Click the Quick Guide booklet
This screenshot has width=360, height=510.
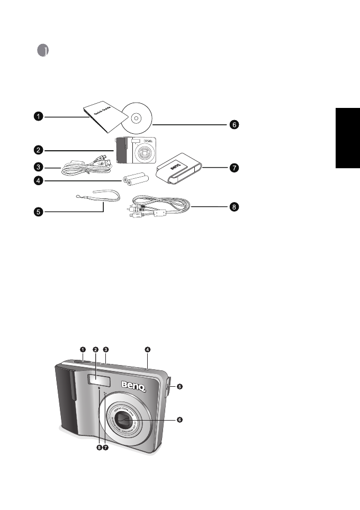(x=100, y=118)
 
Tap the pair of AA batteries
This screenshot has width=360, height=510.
(x=134, y=180)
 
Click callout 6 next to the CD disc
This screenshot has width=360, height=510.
(x=234, y=125)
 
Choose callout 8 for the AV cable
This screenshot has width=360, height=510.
(x=234, y=207)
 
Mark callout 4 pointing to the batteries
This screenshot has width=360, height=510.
(x=39, y=181)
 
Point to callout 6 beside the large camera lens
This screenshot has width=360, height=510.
(x=179, y=420)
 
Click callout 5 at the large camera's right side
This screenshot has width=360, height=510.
(x=179, y=387)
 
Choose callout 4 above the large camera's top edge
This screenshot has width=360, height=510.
(x=148, y=349)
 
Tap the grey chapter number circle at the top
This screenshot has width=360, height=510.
(x=44, y=50)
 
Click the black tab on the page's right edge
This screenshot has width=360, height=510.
(x=347, y=138)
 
